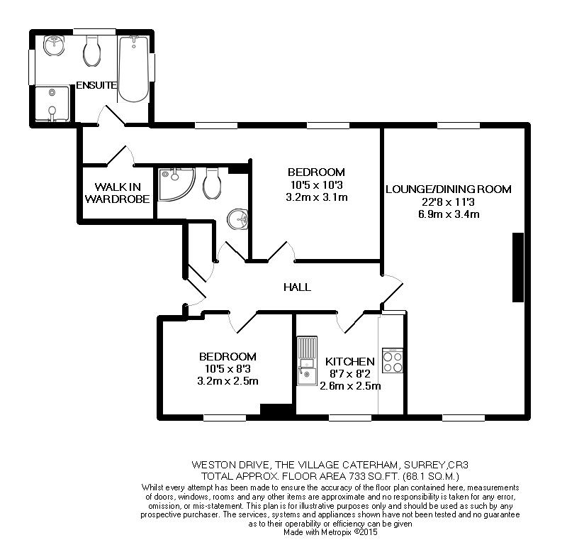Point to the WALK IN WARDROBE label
tap(118, 193)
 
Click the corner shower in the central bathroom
tap(175, 182)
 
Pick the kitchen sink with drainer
tap(306, 361)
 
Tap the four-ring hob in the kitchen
tap(392, 362)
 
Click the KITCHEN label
tap(349, 362)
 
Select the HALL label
tap(297, 287)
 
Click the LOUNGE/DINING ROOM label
tap(448, 189)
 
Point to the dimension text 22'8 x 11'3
tap(448, 202)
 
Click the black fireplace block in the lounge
tap(517, 268)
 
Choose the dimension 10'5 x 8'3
tap(227, 369)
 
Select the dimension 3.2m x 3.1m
tap(316, 197)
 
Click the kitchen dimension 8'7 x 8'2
tap(349, 374)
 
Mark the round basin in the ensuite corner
tap(54, 46)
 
